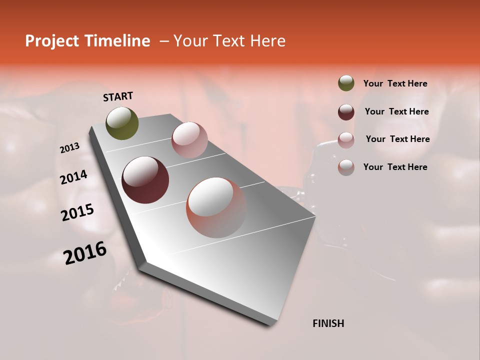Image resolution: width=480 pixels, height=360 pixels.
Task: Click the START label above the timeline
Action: click(118, 96)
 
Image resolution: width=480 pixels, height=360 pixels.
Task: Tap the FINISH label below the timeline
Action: click(328, 323)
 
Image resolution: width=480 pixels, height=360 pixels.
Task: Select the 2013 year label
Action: click(70, 148)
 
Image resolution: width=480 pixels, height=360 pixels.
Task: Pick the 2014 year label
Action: click(74, 177)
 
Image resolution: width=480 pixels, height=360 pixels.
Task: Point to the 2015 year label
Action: click(77, 212)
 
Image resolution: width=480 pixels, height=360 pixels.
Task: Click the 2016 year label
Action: click(85, 252)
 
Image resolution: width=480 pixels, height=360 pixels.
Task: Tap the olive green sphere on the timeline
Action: click(122, 123)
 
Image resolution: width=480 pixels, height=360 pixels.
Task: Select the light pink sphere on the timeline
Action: click(189, 139)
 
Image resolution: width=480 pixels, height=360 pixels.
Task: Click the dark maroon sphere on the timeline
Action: click(145, 180)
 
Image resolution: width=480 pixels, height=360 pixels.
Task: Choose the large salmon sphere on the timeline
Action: click(216, 207)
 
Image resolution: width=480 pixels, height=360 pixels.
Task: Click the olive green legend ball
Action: click(346, 83)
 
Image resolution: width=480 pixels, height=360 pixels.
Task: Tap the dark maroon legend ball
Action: click(346, 112)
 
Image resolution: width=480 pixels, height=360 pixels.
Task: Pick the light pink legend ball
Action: click(346, 140)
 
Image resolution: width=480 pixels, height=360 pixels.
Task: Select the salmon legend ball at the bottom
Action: click(346, 167)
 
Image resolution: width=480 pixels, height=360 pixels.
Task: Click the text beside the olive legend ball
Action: click(395, 84)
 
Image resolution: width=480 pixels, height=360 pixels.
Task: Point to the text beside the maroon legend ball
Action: click(396, 112)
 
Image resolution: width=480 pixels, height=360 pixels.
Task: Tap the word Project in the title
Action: click(51, 41)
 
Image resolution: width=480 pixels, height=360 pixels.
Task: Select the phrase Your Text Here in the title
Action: click(229, 41)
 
